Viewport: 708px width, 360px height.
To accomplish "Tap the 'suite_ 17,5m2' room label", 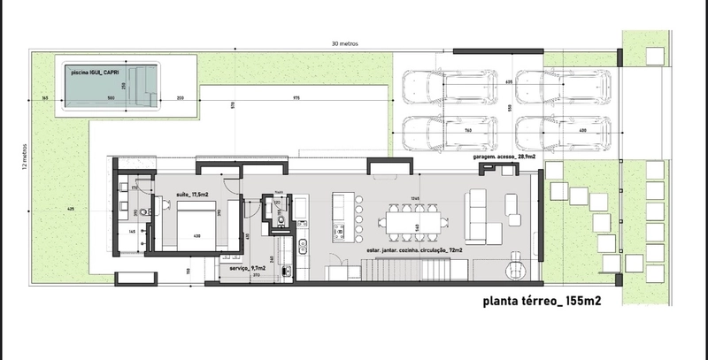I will [x=193, y=195].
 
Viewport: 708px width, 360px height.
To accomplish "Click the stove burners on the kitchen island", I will [x=338, y=233].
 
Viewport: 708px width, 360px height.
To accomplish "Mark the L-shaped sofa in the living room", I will [x=481, y=218].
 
